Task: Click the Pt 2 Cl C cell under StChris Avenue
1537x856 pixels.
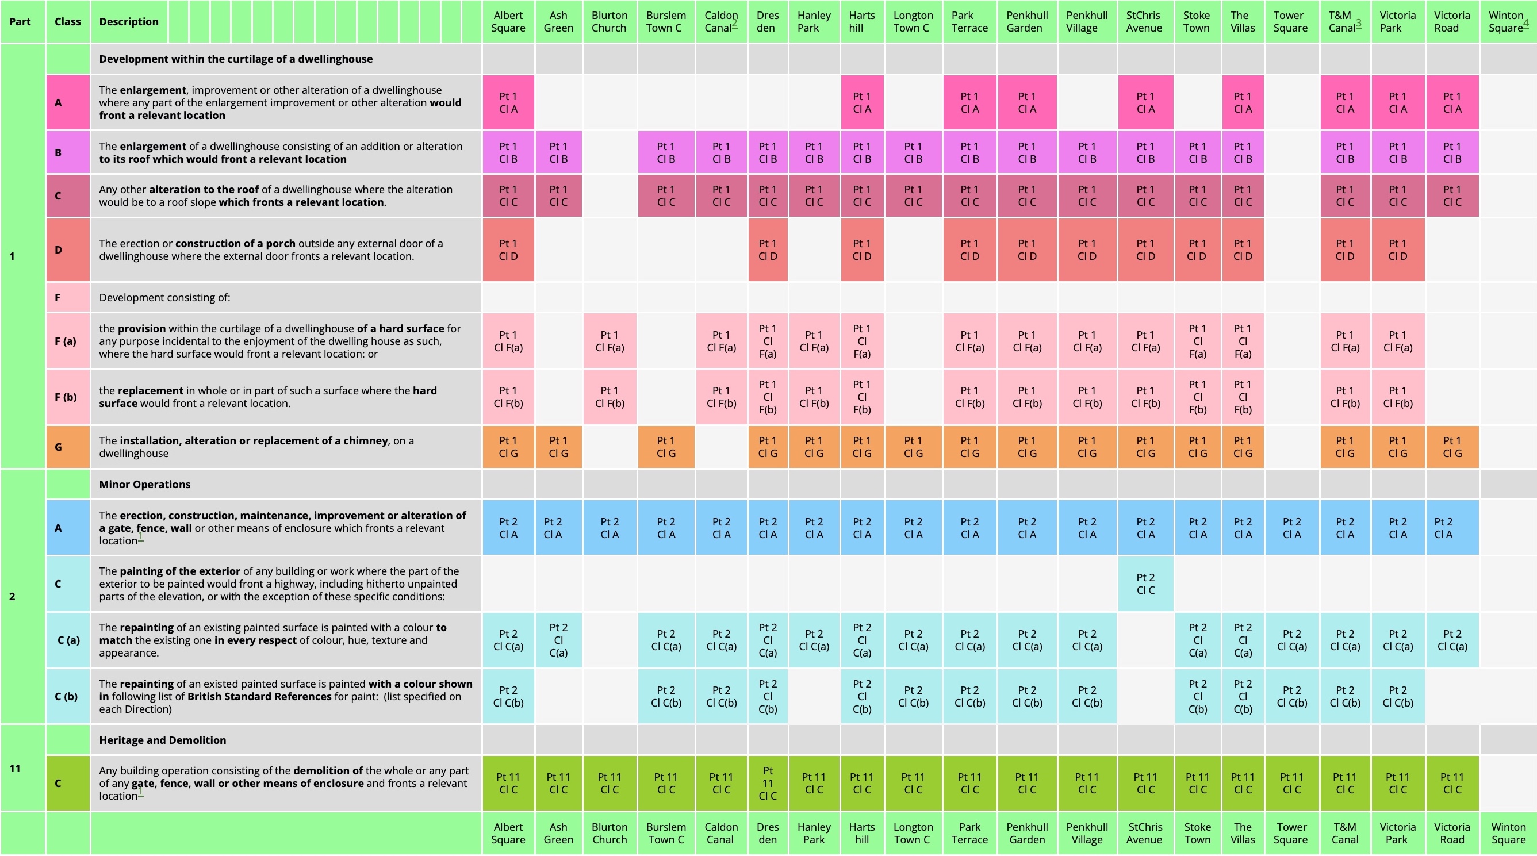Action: pos(1145,584)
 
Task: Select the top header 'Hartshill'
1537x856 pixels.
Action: pos(861,22)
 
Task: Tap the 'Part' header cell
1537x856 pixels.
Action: pos(20,22)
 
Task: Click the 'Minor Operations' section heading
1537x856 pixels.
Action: pos(144,485)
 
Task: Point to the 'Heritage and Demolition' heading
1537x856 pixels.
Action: pos(162,740)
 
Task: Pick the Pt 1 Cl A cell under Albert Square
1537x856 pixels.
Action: pos(508,102)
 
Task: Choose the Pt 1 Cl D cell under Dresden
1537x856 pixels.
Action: pos(767,250)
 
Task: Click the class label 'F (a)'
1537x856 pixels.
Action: pos(66,341)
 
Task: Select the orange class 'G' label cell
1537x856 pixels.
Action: pos(58,447)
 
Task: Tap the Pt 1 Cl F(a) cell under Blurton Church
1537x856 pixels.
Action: pos(609,341)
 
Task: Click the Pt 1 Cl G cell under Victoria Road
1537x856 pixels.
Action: pos(1452,447)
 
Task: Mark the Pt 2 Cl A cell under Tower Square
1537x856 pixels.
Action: pos(1291,528)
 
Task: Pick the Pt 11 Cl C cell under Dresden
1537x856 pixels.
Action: pos(767,783)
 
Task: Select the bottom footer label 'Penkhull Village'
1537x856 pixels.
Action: pos(1087,834)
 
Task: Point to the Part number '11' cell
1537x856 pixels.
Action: pos(15,768)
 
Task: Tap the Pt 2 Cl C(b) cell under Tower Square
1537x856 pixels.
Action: pos(1291,697)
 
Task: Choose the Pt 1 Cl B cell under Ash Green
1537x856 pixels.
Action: pos(558,153)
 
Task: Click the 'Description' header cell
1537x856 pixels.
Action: pos(129,22)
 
